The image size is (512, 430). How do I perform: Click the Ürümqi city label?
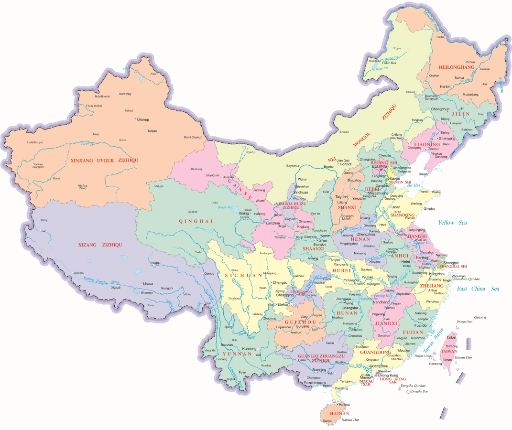click(x=143, y=119)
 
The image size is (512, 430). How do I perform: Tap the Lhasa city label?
click(x=148, y=283)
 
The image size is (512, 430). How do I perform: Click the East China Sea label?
click(x=478, y=289)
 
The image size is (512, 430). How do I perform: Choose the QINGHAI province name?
click(x=189, y=221)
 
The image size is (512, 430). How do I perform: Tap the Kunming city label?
click(x=249, y=349)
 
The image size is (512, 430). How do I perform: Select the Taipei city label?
click(x=451, y=337)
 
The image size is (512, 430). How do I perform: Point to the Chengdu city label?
click(x=280, y=282)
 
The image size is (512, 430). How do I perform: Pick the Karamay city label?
click(x=125, y=94)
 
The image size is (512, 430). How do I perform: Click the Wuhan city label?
click(x=368, y=277)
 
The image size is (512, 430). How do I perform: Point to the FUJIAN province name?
click(x=413, y=332)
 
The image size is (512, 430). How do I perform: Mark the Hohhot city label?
click(x=345, y=164)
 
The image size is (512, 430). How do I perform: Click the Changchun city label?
click(x=440, y=109)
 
